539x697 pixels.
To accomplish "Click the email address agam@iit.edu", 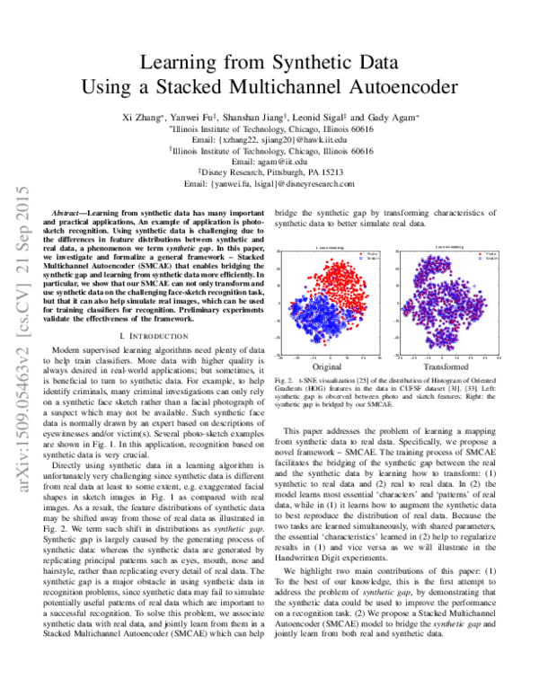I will point(269,163).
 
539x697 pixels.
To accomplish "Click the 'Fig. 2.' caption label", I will point(289,384).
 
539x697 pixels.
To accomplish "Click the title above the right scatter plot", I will point(446,246).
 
